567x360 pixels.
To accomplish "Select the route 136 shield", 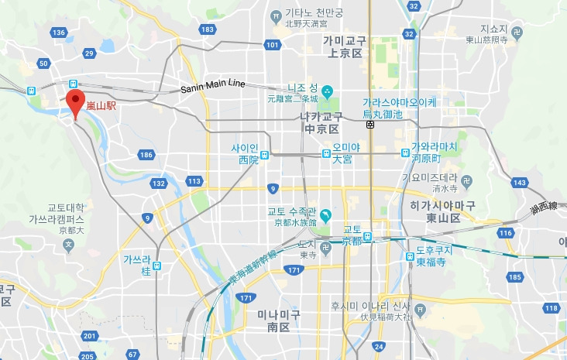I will pos(59,32).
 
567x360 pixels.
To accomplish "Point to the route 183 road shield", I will pos(206,29).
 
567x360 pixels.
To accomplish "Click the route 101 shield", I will pos(271,45).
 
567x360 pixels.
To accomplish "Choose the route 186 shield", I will pos(146,155).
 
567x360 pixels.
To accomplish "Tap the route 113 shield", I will pos(194,181).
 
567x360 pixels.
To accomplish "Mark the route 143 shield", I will pos(519,183).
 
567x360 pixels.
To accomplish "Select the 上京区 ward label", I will pos(345,53).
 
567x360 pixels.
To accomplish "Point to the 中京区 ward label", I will pos(321,129).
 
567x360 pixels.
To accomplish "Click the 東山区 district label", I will pos(443,218).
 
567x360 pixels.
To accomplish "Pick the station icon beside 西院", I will pos(266,154).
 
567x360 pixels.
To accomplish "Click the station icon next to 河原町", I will pos(405,153).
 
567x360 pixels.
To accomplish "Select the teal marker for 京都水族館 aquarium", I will pos(327,214).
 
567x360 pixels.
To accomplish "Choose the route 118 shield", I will pos(552,308).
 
